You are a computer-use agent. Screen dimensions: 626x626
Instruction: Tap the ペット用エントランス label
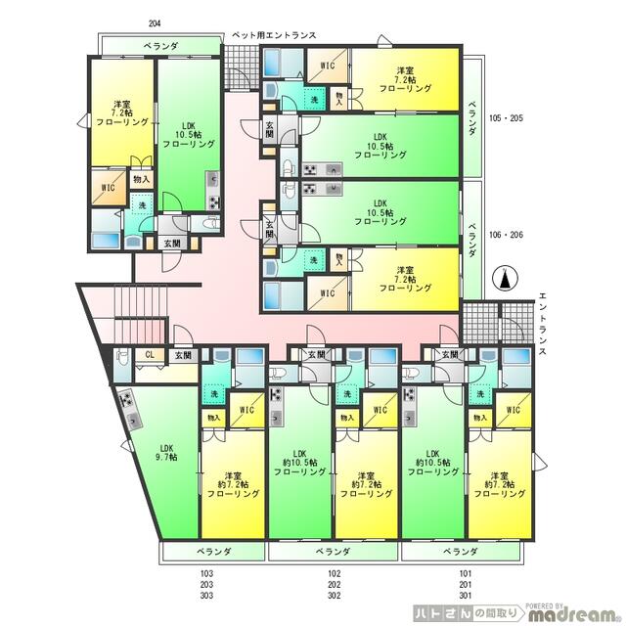[274, 36]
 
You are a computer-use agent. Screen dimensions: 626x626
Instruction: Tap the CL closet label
[150, 355]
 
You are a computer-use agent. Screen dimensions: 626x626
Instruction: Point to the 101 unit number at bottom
[465, 574]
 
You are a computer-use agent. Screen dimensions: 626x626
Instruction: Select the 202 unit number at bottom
[335, 585]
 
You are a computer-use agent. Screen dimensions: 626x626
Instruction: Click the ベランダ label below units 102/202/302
[333, 553]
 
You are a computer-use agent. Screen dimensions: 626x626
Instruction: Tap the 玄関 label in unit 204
[171, 243]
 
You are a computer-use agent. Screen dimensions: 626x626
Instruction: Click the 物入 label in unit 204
[141, 179]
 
